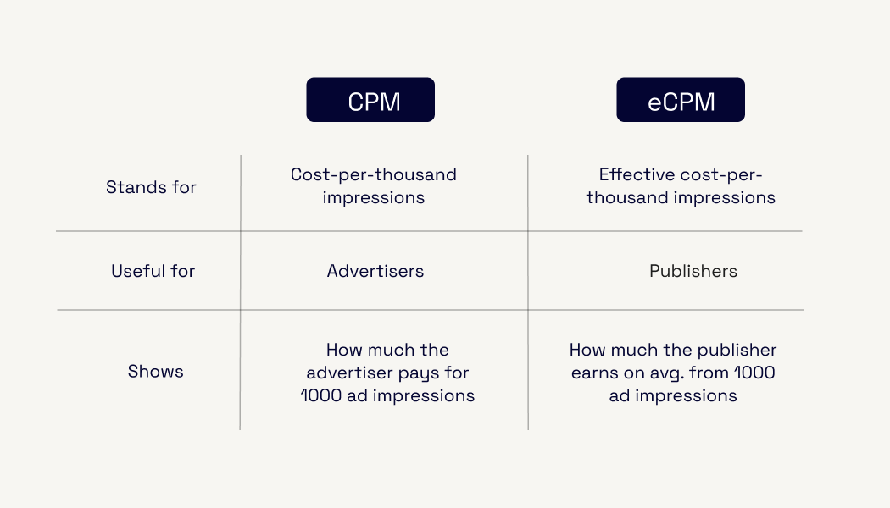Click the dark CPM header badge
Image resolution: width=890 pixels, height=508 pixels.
[370, 100]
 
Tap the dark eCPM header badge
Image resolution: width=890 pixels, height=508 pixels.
[681, 100]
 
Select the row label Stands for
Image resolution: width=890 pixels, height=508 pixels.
[151, 187]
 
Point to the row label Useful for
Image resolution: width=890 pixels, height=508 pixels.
[153, 271]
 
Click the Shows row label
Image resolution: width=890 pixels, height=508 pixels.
[155, 372]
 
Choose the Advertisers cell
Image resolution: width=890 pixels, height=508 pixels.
[375, 271]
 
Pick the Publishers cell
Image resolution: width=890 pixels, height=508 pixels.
[693, 271]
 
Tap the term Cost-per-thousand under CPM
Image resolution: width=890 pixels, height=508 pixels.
[374, 174]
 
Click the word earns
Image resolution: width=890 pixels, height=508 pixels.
[595, 373]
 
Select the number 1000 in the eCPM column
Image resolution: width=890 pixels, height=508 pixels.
[754, 373]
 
